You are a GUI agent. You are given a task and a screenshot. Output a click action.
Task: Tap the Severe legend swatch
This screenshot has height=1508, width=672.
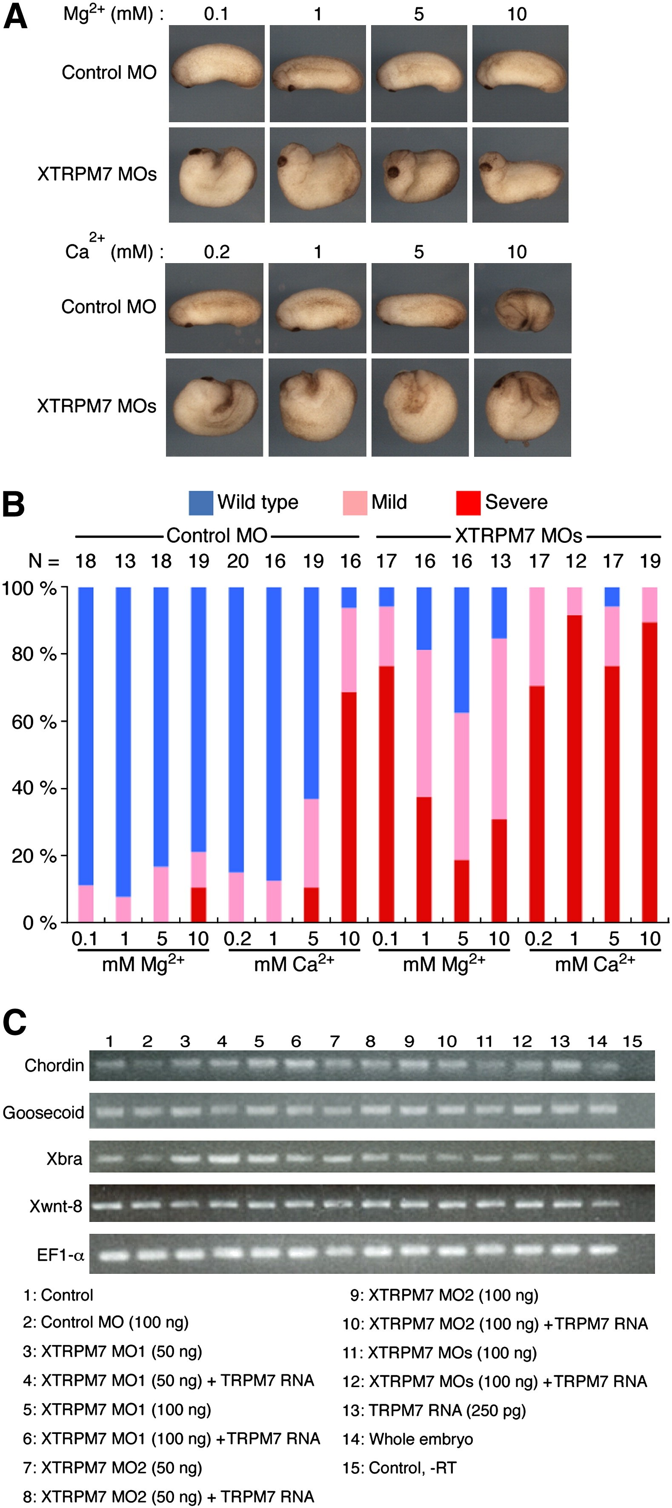coord(468,503)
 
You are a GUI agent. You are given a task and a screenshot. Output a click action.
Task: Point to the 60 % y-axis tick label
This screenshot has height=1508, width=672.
coord(34,722)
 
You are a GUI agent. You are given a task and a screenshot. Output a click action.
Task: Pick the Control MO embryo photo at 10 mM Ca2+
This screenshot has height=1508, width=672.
coord(522,308)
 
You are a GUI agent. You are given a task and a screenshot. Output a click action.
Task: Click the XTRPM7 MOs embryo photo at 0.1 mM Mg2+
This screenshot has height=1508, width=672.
coord(217,175)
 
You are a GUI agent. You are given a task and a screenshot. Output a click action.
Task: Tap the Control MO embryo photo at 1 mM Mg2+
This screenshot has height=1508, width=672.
coord(317,73)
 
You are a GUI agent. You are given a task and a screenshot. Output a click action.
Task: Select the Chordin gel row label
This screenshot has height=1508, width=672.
coord(54,1065)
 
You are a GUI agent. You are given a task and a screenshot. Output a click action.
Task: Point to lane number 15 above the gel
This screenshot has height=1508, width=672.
coord(632,1041)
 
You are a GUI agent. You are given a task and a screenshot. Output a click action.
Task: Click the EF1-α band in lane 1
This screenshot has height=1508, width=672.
coord(113,1255)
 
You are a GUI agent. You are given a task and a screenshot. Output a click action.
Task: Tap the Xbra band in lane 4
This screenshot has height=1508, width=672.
coord(223,1158)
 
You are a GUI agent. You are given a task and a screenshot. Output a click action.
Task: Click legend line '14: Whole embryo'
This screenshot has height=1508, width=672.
coord(408,1439)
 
